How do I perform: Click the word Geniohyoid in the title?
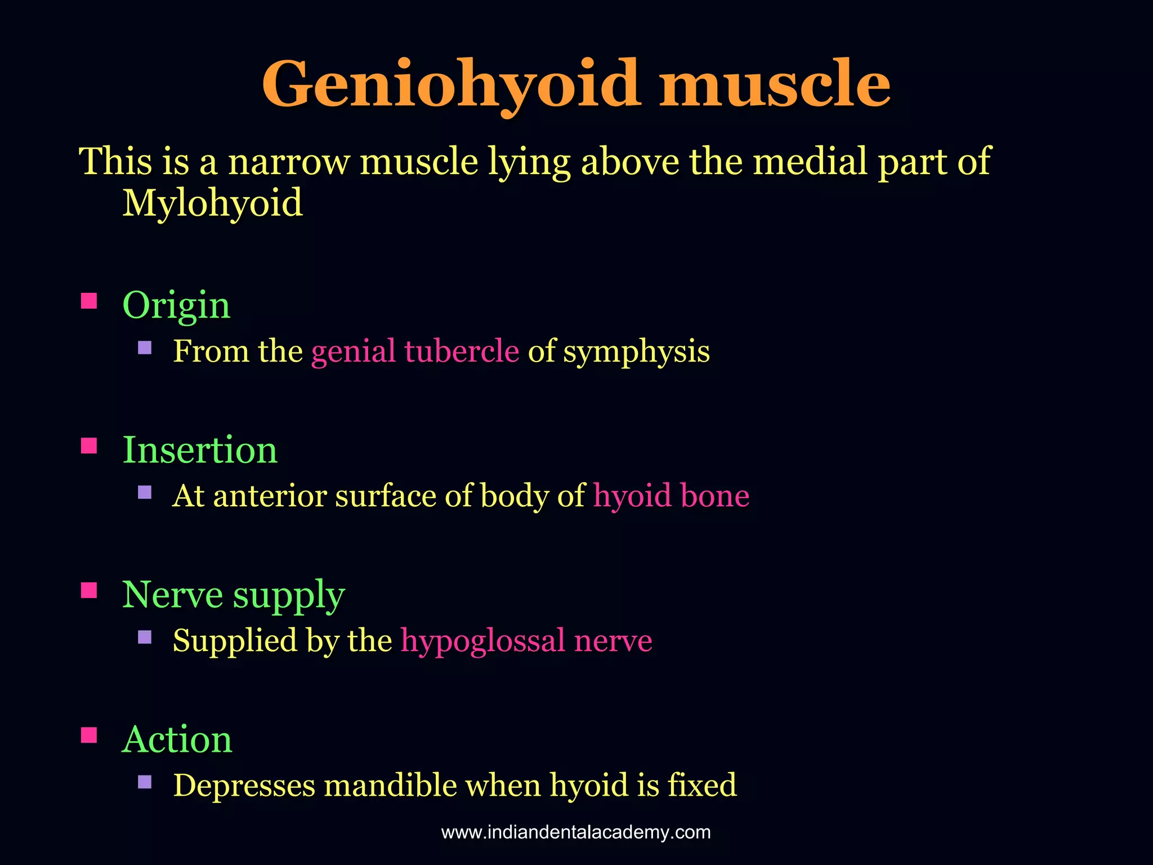point(450,84)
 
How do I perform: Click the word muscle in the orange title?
point(775,84)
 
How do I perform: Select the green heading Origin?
point(176,305)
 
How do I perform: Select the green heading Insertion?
point(200,450)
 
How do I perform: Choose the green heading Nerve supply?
point(233,595)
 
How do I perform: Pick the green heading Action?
point(177,739)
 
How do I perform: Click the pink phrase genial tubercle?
point(415,351)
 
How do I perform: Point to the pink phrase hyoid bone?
point(671,496)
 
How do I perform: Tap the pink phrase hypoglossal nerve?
point(526,640)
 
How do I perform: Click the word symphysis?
point(636,352)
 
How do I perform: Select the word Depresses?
point(244,785)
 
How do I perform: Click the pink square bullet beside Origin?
point(89,301)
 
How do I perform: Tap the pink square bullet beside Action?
point(89,735)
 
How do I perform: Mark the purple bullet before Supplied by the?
point(145,637)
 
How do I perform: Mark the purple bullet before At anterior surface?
point(145,493)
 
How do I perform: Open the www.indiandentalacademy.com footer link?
point(576,832)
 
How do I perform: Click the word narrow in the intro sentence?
point(289,162)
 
